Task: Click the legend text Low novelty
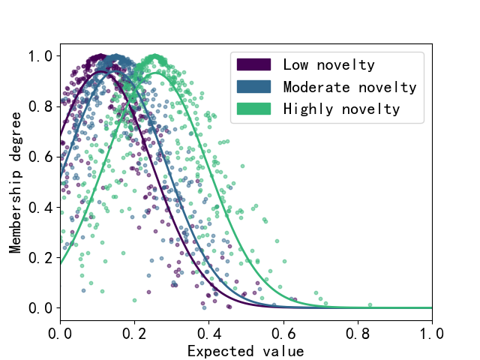(329, 64)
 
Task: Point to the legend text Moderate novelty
(349, 87)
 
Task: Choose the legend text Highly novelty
(341, 109)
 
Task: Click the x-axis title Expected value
(246, 351)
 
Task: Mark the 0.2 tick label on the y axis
(40, 257)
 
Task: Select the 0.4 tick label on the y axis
(40, 207)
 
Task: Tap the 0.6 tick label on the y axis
(40, 157)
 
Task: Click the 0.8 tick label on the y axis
(40, 106)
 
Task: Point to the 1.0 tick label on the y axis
(40, 56)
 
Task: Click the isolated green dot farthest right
(370, 304)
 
